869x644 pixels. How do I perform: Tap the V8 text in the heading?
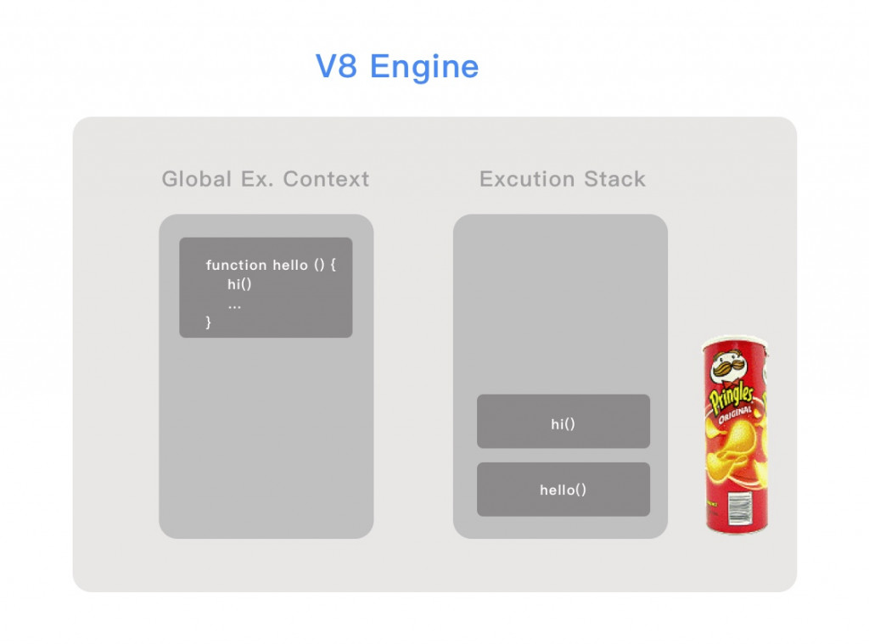[x=337, y=66]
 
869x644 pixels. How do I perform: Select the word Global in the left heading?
[x=196, y=179]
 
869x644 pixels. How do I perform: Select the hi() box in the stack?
[x=563, y=422]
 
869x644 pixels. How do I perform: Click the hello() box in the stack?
[x=563, y=490]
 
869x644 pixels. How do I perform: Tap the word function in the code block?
[x=236, y=265]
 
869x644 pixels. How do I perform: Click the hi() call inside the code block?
[x=239, y=284]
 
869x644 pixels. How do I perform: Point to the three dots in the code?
[x=234, y=305]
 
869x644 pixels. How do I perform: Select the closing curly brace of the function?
[x=209, y=322]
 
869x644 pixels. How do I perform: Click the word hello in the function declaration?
[x=290, y=265]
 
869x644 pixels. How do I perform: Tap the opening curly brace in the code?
[x=334, y=265]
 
